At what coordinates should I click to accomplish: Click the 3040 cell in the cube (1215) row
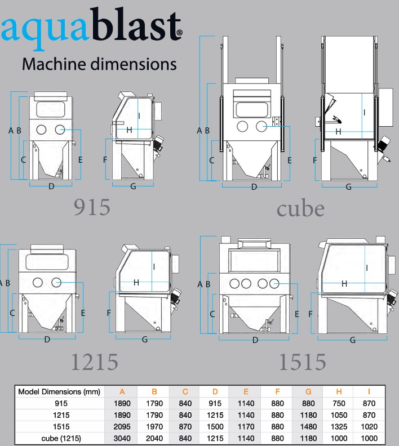click(x=122, y=438)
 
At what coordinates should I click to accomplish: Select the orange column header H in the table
click(x=339, y=392)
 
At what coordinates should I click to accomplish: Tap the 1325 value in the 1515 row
click(x=339, y=427)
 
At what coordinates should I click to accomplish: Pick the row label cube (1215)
click(x=61, y=438)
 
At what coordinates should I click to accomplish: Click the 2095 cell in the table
click(x=122, y=427)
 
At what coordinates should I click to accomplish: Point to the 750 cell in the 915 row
click(x=339, y=403)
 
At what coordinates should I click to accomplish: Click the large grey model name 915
click(x=92, y=207)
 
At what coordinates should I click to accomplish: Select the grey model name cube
click(x=300, y=208)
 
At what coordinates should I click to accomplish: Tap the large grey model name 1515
click(x=302, y=362)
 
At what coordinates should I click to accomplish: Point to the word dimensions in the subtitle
click(x=133, y=64)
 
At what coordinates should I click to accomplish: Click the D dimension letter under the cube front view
click(x=254, y=187)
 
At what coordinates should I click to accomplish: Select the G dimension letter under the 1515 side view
click(x=353, y=340)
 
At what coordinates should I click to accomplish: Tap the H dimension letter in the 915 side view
click(x=129, y=130)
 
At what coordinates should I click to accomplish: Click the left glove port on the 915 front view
click(x=41, y=130)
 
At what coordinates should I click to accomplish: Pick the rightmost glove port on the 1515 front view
click(x=274, y=284)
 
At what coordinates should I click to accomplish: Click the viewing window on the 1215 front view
click(x=47, y=262)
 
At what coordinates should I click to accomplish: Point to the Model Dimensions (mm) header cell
click(x=59, y=392)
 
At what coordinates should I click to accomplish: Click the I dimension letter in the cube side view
click(x=365, y=113)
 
